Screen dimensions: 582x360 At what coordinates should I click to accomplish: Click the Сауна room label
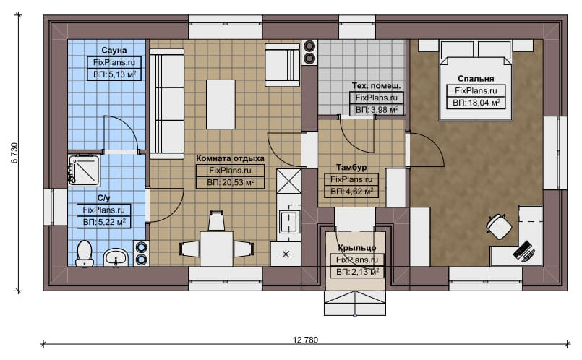114,50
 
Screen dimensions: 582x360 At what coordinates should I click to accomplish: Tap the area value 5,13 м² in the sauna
114,74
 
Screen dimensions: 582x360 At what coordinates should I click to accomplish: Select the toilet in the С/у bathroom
85,254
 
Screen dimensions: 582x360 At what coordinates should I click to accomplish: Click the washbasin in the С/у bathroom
116,257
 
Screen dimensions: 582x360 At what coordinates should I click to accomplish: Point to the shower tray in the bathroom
84,171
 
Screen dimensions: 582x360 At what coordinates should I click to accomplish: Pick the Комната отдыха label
230,158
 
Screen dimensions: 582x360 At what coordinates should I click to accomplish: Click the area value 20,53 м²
231,183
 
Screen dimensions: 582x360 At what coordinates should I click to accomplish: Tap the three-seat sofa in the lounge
167,103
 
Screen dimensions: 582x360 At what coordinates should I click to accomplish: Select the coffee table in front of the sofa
221,104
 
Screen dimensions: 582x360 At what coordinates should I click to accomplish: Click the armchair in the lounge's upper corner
282,65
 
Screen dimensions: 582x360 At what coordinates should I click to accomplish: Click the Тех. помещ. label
377,86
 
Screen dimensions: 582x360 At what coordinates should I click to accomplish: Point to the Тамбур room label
351,168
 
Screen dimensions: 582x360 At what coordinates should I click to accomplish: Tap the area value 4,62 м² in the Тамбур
352,192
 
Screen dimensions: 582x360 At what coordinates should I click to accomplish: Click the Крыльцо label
357,247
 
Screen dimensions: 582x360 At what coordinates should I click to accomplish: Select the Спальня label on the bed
476,79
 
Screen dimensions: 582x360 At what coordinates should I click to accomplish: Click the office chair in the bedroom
499,226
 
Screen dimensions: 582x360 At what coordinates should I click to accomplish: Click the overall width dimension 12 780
306,340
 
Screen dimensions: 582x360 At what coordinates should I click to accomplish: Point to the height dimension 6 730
14,153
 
